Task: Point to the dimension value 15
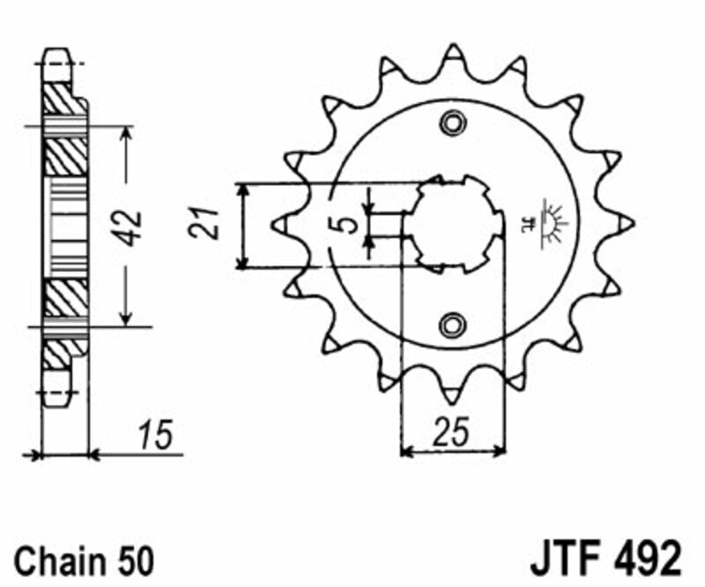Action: tap(158, 436)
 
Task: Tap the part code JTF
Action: tap(560, 559)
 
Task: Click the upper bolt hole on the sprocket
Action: tap(453, 123)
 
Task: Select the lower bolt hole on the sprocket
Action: tap(453, 323)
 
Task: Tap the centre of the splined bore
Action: tap(453, 224)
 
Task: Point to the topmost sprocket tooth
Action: tap(454, 53)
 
